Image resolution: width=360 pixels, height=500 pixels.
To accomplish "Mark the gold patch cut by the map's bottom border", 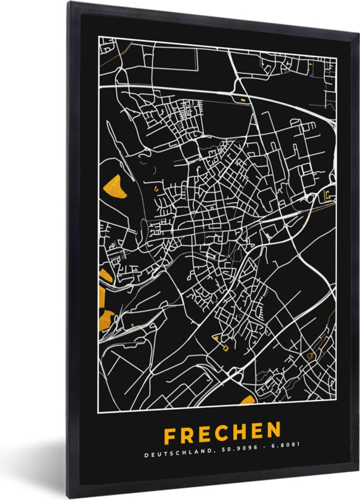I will click(248, 401).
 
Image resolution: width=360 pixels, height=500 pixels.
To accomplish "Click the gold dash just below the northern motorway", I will click(243, 100).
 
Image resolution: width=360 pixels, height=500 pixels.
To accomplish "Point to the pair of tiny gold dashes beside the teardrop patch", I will click(156, 187).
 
